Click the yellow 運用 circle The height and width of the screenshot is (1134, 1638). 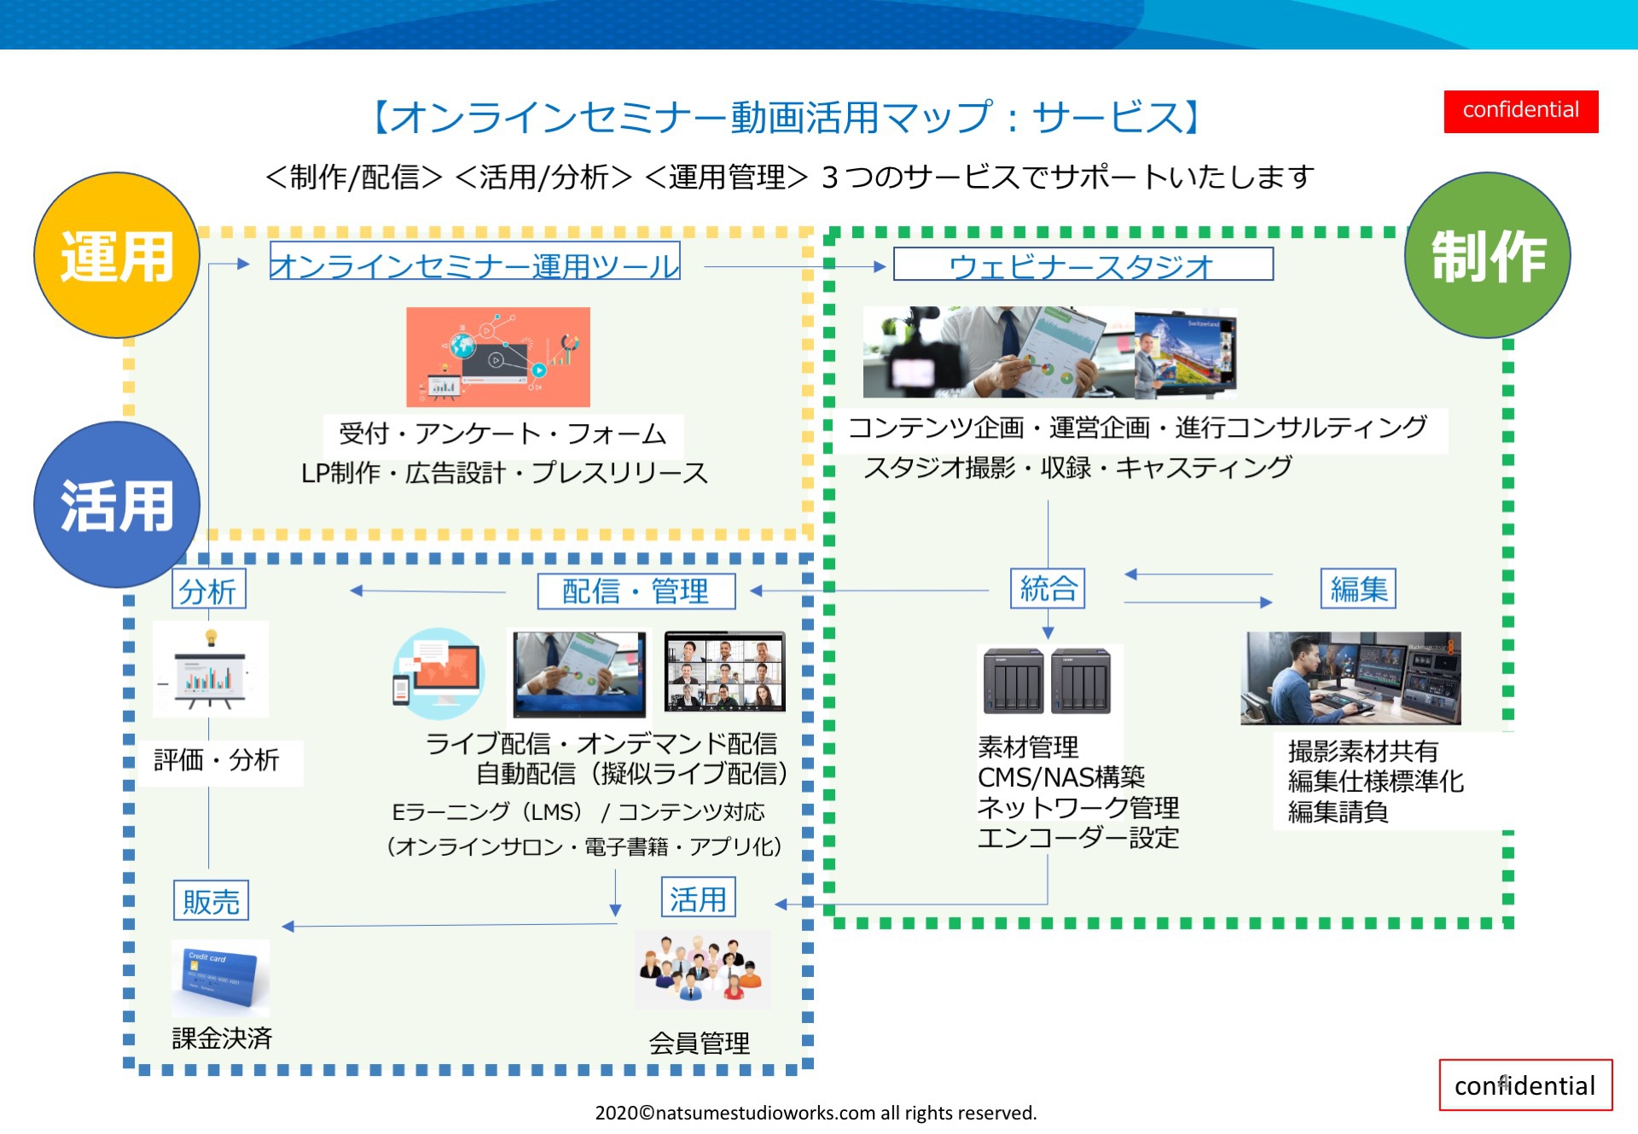(x=117, y=255)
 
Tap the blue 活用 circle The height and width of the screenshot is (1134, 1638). (x=117, y=504)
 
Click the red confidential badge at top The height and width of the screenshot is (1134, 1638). (x=1520, y=111)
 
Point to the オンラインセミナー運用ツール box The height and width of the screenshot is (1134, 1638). (x=474, y=263)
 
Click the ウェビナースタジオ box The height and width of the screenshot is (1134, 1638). (x=1083, y=265)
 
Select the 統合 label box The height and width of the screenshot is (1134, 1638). (x=1048, y=589)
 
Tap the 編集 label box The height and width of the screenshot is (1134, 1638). (x=1358, y=589)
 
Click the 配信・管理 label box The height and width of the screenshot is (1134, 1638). (x=636, y=590)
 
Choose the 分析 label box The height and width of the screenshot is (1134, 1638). (x=209, y=590)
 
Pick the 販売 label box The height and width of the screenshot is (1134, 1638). (x=211, y=900)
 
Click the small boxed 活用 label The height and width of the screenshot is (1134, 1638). (x=698, y=898)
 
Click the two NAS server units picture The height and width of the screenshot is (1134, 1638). (x=1048, y=681)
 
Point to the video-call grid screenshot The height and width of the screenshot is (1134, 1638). (x=725, y=672)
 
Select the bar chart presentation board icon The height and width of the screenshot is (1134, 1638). (x=210, y=670)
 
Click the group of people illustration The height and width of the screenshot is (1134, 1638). (x=703, y=969)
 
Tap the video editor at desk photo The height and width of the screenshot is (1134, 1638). (x=1350, y=678)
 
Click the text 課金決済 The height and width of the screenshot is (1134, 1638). (x=222, y=1038)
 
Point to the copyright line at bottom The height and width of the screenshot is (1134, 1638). (x=816, y=1113)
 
